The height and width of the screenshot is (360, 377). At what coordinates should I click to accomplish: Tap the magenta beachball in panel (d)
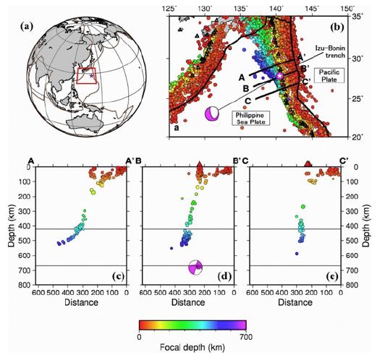pyautogui.click(x=195, y=267)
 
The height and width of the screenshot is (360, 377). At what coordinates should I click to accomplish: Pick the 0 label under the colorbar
pyautogui.click(x=138, y=338)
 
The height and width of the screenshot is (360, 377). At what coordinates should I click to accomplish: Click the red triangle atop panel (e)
pyautogui.click(x=308, y=164)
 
